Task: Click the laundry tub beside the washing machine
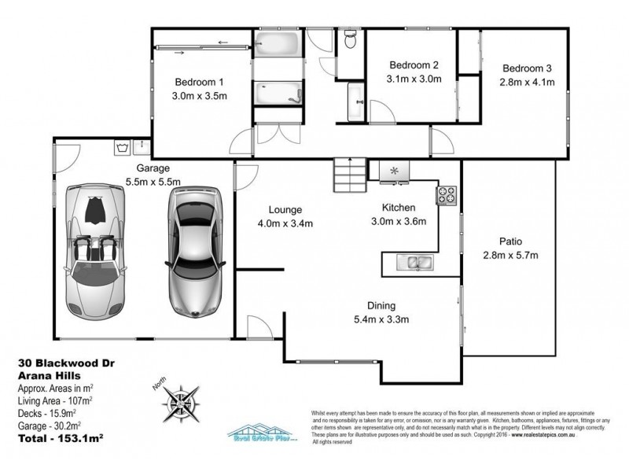click(142, 146)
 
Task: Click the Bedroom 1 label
click(199, 82)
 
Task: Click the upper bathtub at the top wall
click(276, 42)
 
